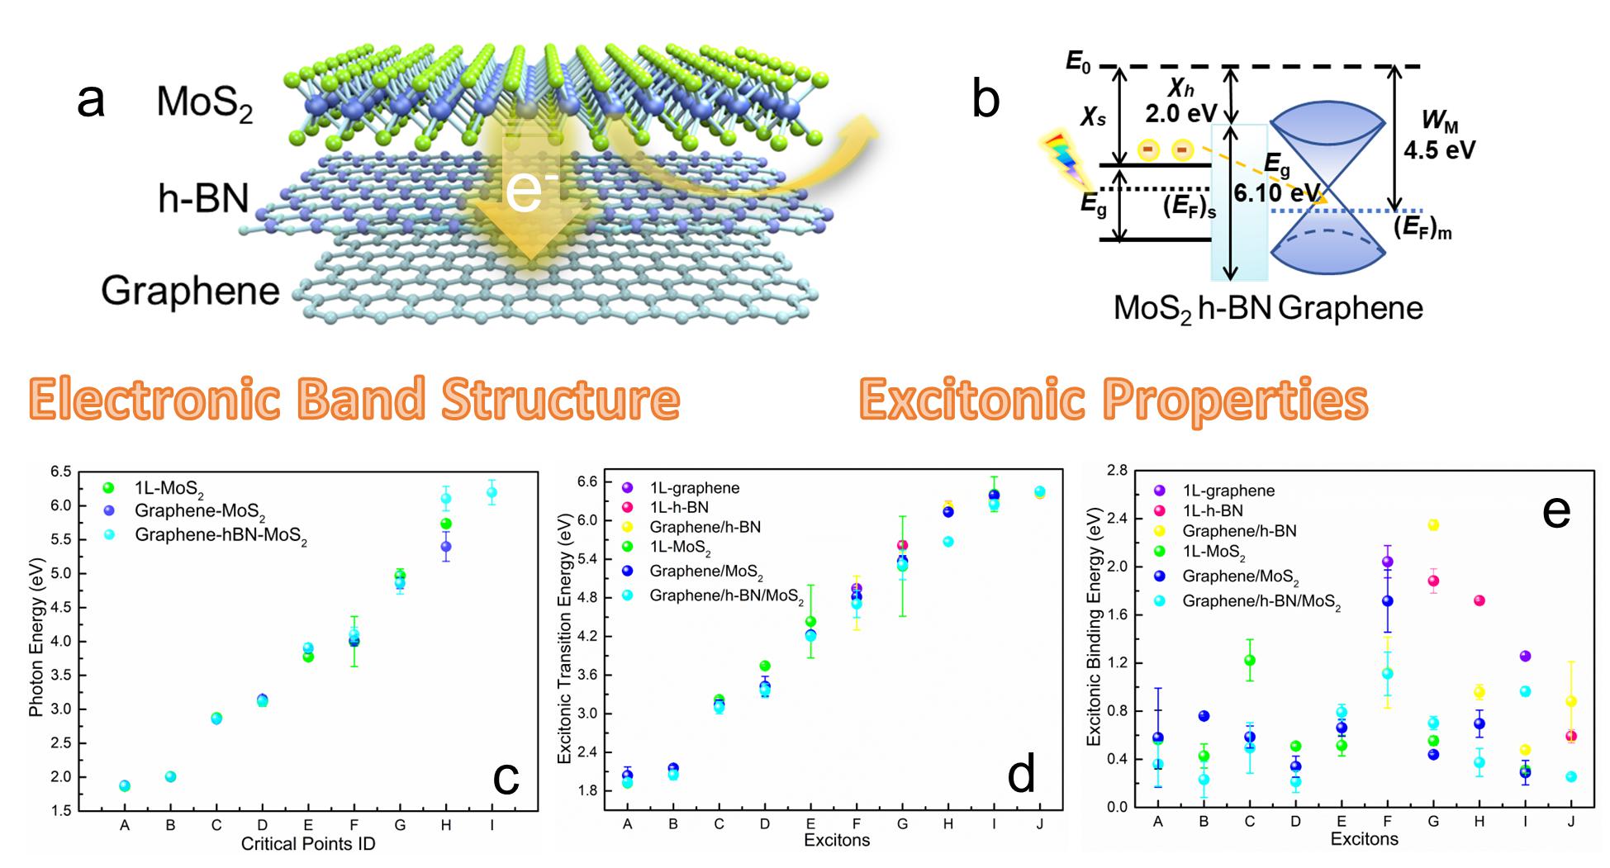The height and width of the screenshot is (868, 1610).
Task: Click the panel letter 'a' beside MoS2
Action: coord(91,102)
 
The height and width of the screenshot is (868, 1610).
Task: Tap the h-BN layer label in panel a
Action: coord(202,199)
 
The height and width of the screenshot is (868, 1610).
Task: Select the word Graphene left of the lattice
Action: coord(190,291)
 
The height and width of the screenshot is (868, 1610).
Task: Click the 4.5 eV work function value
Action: coord(1439,150)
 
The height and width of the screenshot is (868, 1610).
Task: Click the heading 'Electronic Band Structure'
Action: coord(354,400)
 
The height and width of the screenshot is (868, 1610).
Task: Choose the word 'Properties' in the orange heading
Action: coord(1236,400)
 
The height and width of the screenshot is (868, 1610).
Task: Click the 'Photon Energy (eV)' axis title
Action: coord(37,641)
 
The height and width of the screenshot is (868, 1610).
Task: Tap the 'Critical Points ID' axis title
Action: coord(308,844)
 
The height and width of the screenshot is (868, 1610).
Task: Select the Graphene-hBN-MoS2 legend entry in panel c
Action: coord(221,535)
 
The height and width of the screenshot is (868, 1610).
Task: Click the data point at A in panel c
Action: coord(125,785)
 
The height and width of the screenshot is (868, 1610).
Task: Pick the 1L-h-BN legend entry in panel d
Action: coord(679,507)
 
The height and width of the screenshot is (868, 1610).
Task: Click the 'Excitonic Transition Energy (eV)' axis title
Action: coord(566,643)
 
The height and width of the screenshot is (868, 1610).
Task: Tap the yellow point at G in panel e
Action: coord(1432,525)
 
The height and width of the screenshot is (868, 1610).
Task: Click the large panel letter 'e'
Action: coord(1556,514)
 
